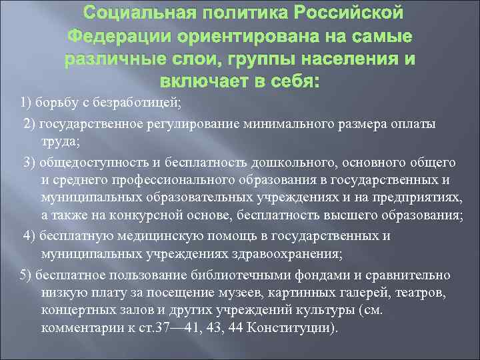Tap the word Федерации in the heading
[x=125, y=36]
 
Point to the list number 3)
[x=29, y=163]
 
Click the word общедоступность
[x=89, y=163]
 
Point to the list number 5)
[x=26, y=275]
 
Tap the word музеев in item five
[x=248, y=293]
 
